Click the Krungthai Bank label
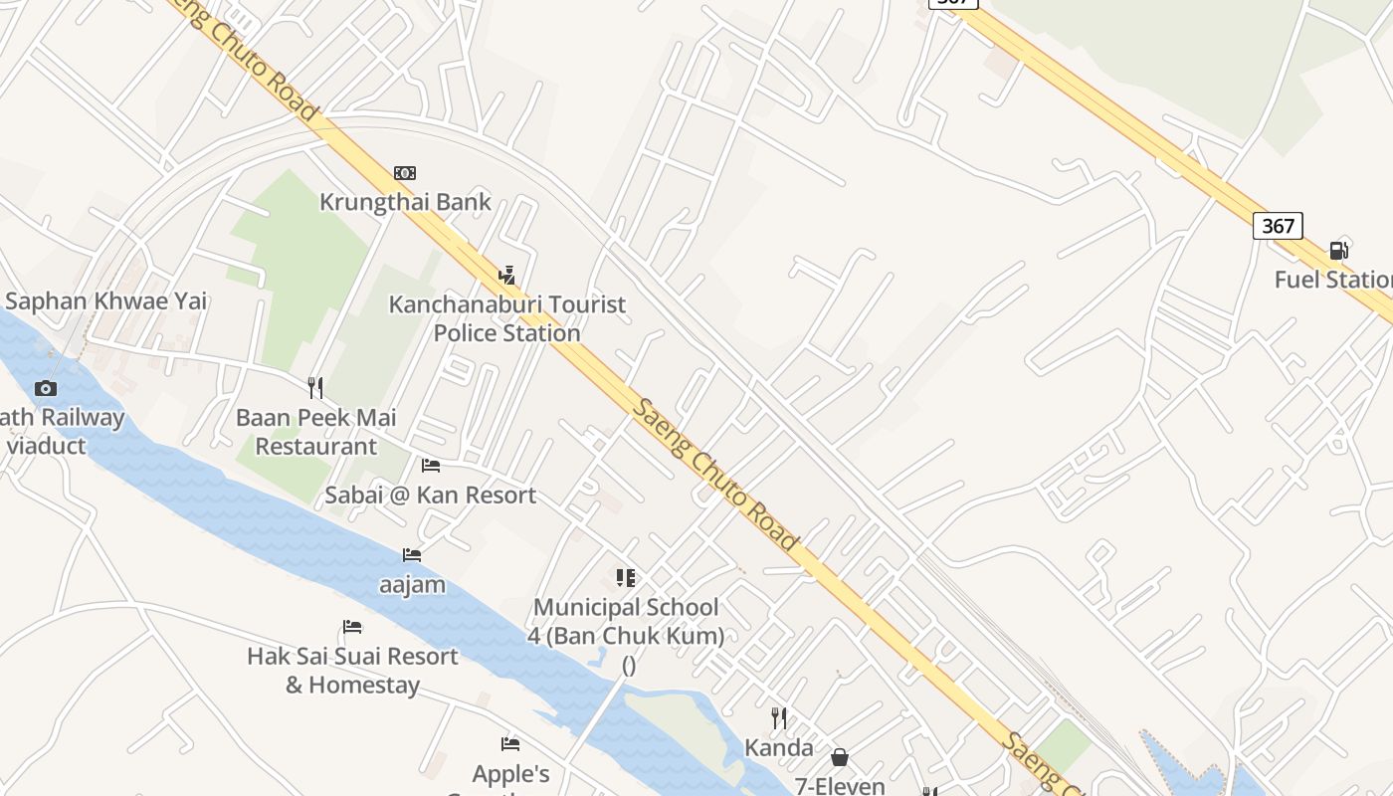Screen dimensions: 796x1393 pos(405,202)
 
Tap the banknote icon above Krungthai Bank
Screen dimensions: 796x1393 pos(405,173)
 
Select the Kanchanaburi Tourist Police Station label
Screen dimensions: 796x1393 pos(507,318)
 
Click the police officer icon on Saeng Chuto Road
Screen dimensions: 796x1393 pos(506,275)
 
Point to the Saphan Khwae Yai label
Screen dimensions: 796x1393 pos(106,300)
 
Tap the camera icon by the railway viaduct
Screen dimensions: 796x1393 pos(46,388)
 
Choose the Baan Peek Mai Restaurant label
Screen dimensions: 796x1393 pos(316,432)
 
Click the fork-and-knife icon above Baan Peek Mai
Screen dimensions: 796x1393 pos(315,388)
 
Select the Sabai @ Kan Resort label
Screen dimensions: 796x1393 pos(431,495)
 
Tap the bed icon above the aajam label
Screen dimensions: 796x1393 pos(412,554)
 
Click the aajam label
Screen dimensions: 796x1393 pos(412,584)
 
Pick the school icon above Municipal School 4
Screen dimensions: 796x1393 pos(626,577)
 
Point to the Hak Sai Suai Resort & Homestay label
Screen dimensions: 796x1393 pos(352,670)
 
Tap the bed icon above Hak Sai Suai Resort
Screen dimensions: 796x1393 pos(352,627)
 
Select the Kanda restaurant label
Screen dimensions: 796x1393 pos(779,747)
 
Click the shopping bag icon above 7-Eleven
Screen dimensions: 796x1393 pos(840,758)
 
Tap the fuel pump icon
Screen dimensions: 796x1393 pos(1339,250)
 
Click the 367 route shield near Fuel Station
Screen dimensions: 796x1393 pos(1278,226)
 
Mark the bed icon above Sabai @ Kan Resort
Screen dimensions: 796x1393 pos(431,466)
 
